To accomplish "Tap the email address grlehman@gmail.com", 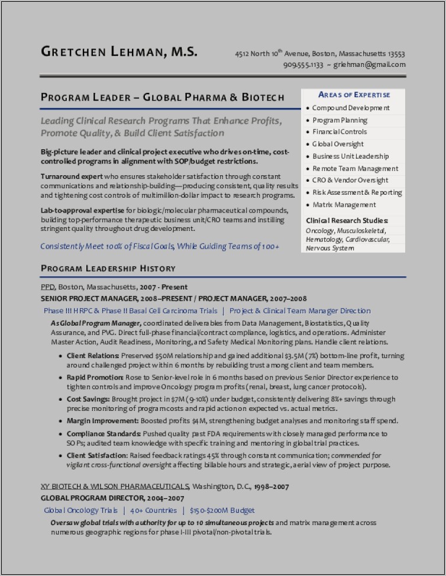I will tap(370, 65).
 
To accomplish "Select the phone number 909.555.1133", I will tap(303, 65).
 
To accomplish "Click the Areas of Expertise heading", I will tap(354, 95).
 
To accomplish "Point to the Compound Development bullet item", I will tap(350, 108).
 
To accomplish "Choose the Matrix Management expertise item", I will tap(344, 204).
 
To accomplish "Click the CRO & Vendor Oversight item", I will tap(350, 180).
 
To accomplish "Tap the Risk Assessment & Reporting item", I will tap(357, 192).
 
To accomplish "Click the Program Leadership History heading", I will tap(108, 268).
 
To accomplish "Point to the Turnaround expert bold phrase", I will tap(72, 176).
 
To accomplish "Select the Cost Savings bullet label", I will tap(88, 399).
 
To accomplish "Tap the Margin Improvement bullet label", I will tap(102, 421).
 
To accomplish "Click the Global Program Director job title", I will tap(104, 498).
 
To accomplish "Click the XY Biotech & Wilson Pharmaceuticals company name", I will tap(115, 486).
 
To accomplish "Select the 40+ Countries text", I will tap(153, 510).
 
